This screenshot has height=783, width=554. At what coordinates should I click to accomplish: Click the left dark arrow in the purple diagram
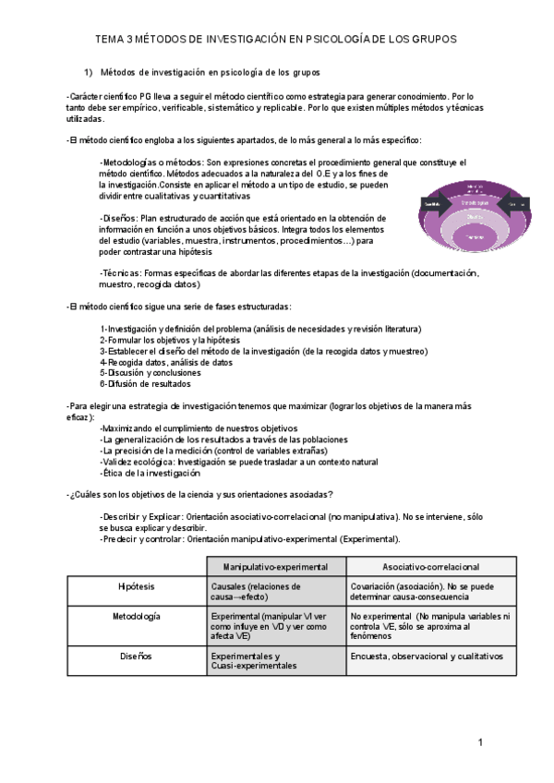[x=429, y=202]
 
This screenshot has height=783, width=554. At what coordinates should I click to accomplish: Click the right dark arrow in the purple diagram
[x=517, y=203]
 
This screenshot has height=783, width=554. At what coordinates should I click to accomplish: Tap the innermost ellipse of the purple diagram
[x=474, y=237]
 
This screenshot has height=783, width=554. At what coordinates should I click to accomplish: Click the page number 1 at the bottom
[x=481, y=741]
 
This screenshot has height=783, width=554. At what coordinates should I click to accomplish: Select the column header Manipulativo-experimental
[x=275, y=566]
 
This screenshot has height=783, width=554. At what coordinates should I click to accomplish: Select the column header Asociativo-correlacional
[x=417, y=566]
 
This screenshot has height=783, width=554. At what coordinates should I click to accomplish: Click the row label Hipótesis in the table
[x=137, y=586]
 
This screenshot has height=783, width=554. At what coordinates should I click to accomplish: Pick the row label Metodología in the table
[x=137, y=616]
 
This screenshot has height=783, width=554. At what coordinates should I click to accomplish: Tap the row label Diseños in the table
[x=137, y=657]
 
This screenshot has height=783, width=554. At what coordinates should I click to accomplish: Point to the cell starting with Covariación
[x=417, y=591]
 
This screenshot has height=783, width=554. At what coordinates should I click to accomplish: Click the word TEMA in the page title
[x=113, y=40]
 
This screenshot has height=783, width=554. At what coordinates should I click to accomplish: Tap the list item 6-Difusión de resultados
[x=145, y=384]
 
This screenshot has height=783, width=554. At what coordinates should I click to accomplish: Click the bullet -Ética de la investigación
[x=150, y=473]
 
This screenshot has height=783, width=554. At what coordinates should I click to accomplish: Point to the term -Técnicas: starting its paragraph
[x=121, y=273]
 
